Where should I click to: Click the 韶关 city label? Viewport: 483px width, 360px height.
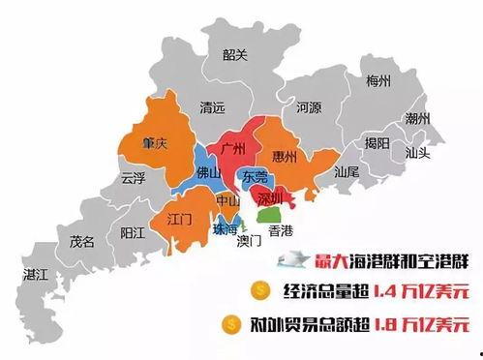click(235, 55)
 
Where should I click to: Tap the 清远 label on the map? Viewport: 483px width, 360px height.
click(211, 108)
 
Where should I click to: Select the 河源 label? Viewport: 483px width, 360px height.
click(308, 108)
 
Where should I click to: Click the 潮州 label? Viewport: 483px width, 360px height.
click(417, 119)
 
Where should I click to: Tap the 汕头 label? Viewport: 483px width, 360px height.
click(418, 152)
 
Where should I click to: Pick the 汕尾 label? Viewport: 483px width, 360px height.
click(346, 171)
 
